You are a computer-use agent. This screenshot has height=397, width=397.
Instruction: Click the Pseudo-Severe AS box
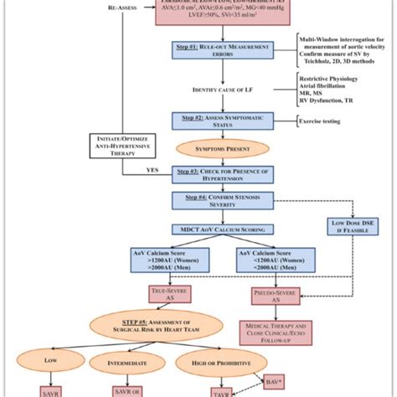[x=277, y=294]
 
